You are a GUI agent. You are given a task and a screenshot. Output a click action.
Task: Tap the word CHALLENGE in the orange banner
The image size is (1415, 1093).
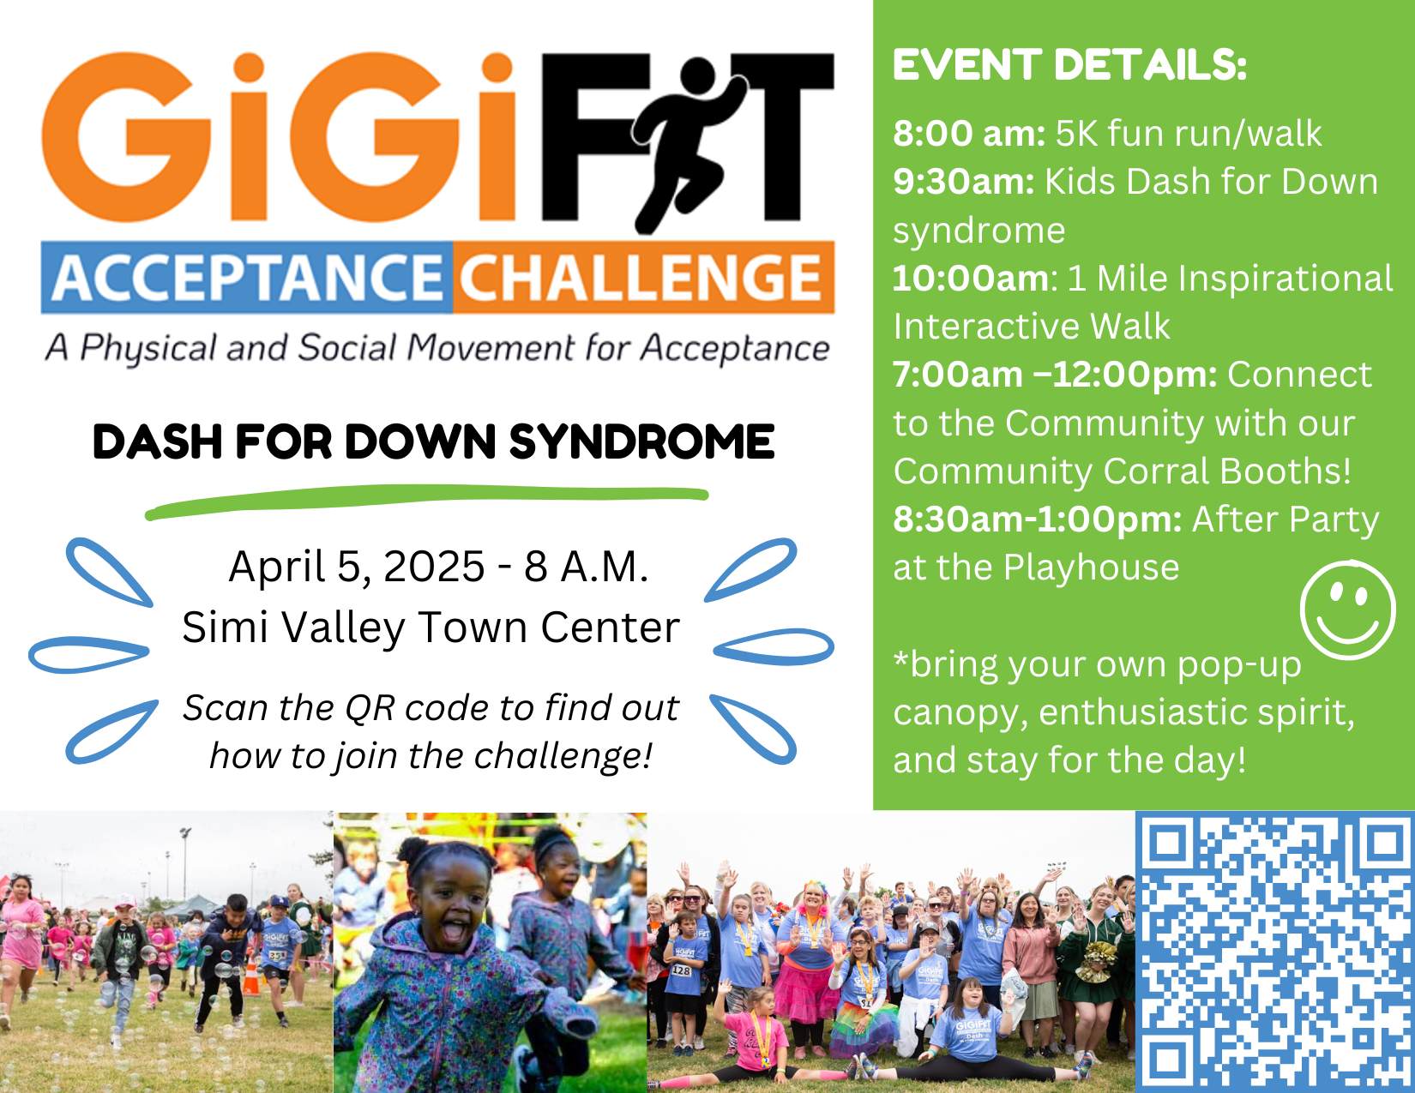pyautogui.click(x=640, y=278)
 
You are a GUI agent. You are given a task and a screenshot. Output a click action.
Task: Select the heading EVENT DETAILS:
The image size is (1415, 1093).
pyautogui.click(x=1069, y=65)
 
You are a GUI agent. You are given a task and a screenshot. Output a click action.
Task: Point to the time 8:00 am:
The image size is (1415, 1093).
pyautogui.click(x=969, y=134)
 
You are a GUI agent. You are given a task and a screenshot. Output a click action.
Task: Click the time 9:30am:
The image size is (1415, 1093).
pyautogui.click(x=964, y=182)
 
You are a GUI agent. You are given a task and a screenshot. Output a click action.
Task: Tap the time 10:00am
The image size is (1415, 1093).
pyautogui.click(x=971, y=279)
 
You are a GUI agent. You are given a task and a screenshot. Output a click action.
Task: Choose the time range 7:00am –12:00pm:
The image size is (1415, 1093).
pyautogui.click(x=1055, y=375)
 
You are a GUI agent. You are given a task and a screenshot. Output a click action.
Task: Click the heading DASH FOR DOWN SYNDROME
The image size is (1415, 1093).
pyautogui.click(x=434, y=442)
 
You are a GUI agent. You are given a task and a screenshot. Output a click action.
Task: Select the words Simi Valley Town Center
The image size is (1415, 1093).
pyautogui.click(x=431, y=628)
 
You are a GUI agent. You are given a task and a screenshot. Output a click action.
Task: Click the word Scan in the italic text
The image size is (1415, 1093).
pyautogui.click(x=221, y=708)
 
